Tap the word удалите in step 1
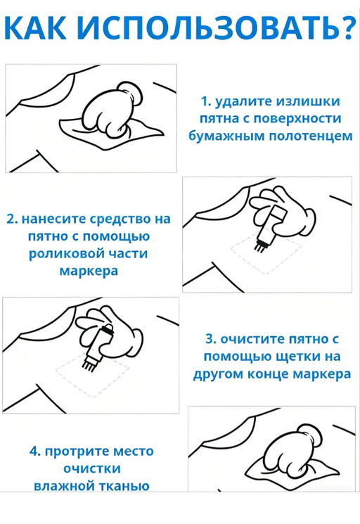[x=240, y=101]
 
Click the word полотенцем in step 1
[x=314, y=136]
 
